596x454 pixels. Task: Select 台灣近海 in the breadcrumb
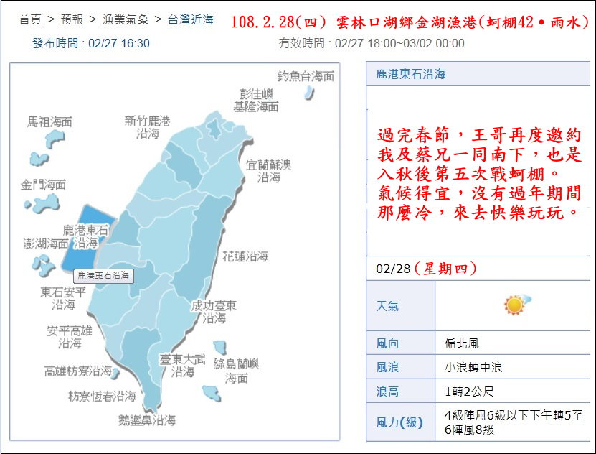[190, 20]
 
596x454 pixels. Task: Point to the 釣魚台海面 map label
[306, 75]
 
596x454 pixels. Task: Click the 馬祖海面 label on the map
[49, 122]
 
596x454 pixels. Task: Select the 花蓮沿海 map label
[245, 256]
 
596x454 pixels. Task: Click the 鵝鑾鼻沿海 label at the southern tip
[148, 421]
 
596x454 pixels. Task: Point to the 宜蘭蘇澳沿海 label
[269, 171]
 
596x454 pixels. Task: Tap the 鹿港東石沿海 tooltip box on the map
[104, 275]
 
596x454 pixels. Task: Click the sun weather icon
[514, 305]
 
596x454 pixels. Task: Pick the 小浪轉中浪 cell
[473, 367]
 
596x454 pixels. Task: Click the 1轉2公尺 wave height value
[469, 392]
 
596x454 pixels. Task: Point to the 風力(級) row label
[400, 422]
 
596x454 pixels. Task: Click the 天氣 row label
[388, 305]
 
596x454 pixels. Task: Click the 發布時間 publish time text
[91, 43]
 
